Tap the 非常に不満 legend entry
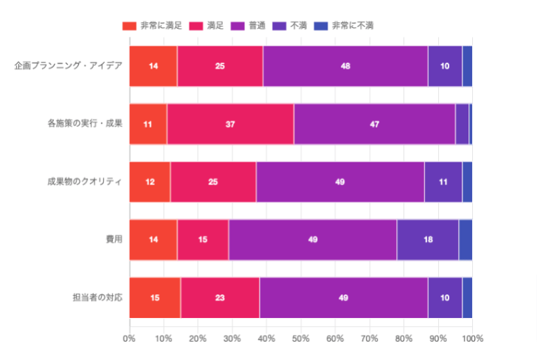[x=344, y=26]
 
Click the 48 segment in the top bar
[x=345, y=66]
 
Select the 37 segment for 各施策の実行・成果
[x=230, y=123]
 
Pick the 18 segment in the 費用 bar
[x=428, y=240]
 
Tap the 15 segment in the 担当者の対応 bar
[x=155, y=297]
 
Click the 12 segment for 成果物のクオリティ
[x=150, y=181]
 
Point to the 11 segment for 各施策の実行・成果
[x=148, y=123]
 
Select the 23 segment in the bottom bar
[x=220, y=297]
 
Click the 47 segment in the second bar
[x=374, y=123]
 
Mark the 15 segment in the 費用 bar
[x=203, y=240]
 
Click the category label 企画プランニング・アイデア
[x=68, y=66]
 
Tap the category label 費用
[x=114, y=240]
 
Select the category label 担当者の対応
[x=97, y=297]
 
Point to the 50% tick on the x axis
[x=300, y=339]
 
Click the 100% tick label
[x=472, y=339]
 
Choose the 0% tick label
[x=129, y=339]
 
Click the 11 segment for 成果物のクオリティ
[x=443, y=181]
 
